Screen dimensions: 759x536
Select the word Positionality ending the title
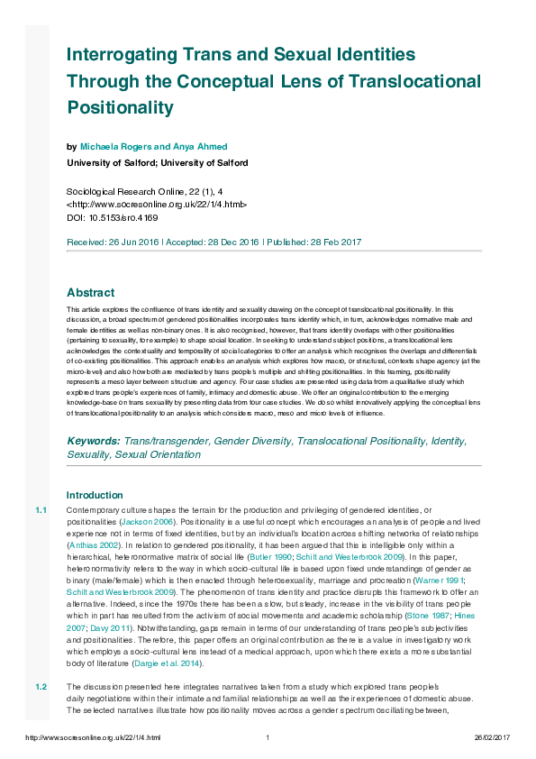pyautogui.click(x=132, y=108)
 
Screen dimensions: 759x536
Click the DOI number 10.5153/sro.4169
pyautogui.click(x=123, y=217)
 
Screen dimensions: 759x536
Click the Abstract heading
pyautogui.click(x=91, y=293)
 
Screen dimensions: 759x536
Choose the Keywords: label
pyautogui.click(x=95, y=441)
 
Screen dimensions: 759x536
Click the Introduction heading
pyautogui.click(x=95, y=495)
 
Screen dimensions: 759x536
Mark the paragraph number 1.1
pyautogui.click(x=41, y=511)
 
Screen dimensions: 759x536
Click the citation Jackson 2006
pyautogui.click(x=149, y=522)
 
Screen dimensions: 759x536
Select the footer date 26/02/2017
pyautogui.click(x=492, y=739)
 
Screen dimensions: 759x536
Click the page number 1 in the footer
pyautogui.click(x=268, y=739)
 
